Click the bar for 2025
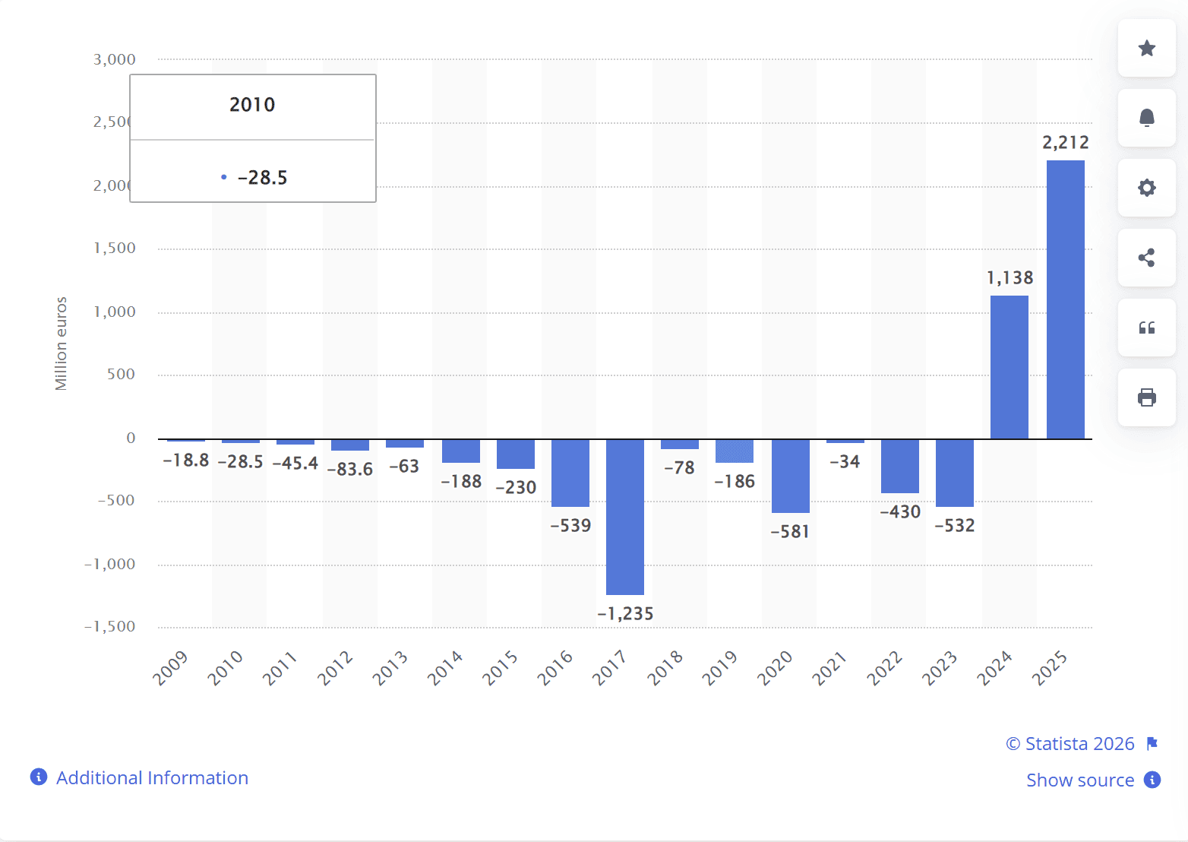point(1065,299)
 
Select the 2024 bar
point(1009,367)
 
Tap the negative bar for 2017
point(625,517)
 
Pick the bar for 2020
point(790,476)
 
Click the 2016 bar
point(570,473)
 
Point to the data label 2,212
point(1065,143)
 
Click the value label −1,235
point(625,614)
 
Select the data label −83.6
point(350,470)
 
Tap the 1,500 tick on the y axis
point(115,248)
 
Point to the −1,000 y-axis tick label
point(110,565)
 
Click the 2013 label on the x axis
point(390,669)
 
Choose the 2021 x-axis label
point(829,669)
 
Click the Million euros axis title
point(62,343)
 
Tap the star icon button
point(1146,49)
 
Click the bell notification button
point(1146,118)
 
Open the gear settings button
point(1146,188)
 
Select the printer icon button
point(1146,397)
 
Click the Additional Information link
point(152,778)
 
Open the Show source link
point(1079,780)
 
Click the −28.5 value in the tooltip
point(262,178)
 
